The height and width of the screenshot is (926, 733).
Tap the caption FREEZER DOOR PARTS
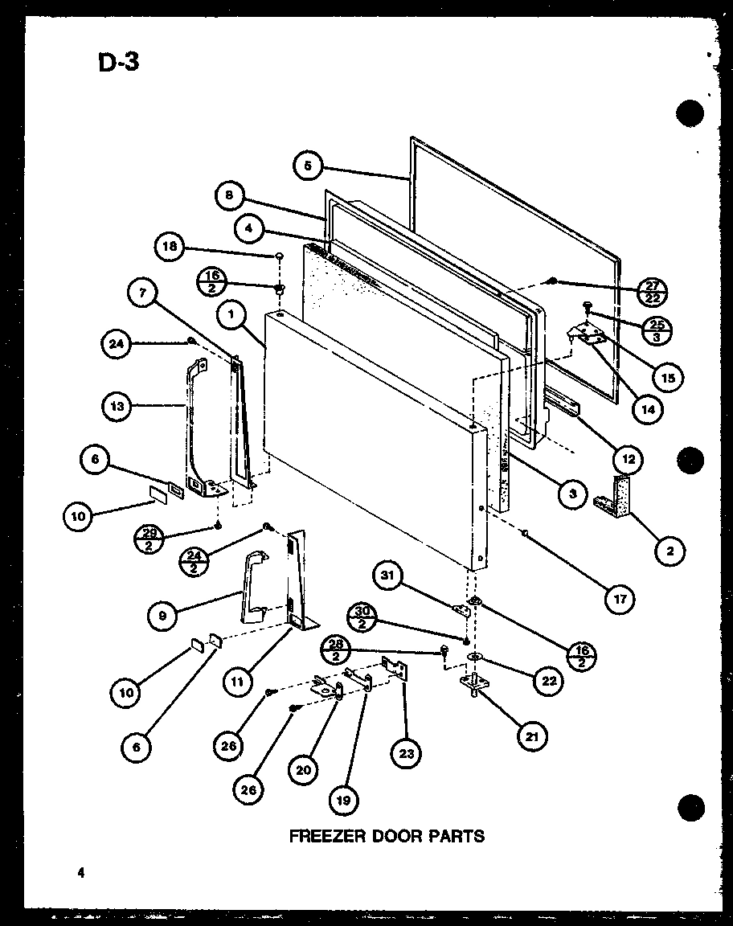point(387,836)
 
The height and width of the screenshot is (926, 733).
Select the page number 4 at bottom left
point(81,872)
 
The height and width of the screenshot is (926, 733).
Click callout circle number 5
point(309,166)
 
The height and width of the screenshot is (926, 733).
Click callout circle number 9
point(163,616)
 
